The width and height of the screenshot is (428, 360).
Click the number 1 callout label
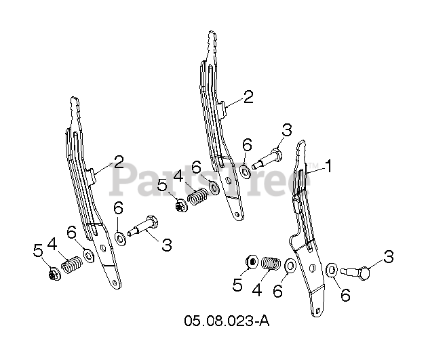coord(329,165)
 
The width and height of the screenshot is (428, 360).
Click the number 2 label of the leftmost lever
coord(119,163)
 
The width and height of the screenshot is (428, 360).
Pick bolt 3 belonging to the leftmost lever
coord(142,226)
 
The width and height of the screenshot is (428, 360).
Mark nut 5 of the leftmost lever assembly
coord(52,274)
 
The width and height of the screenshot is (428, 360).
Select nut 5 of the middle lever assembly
coord(180,205)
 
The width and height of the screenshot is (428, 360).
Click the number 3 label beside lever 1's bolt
coord(389,256)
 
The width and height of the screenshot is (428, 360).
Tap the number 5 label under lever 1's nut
coord(237,285)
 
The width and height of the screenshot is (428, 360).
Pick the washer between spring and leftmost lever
coord(88,255)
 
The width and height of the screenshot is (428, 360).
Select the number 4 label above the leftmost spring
coord(52,243)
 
